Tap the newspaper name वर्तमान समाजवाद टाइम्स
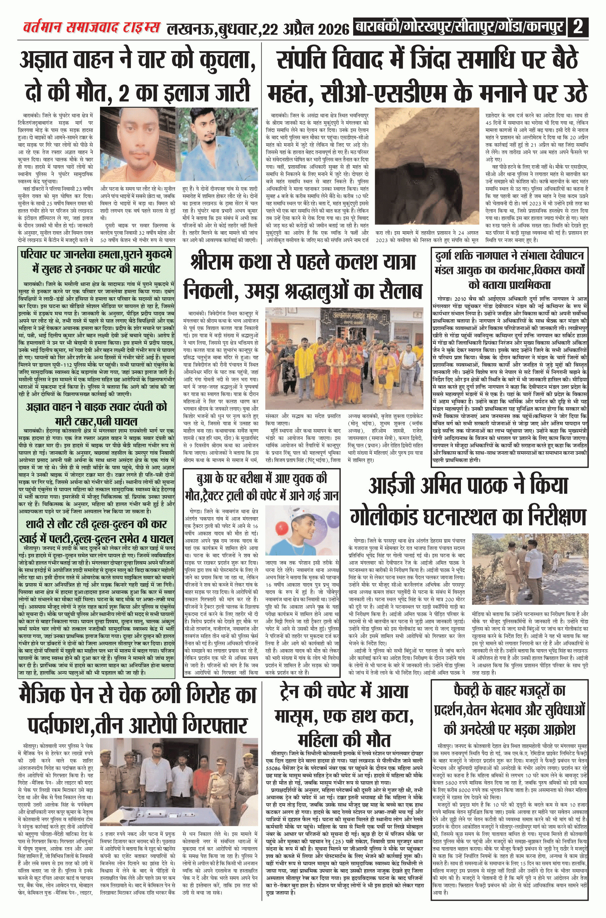(91, 28)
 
